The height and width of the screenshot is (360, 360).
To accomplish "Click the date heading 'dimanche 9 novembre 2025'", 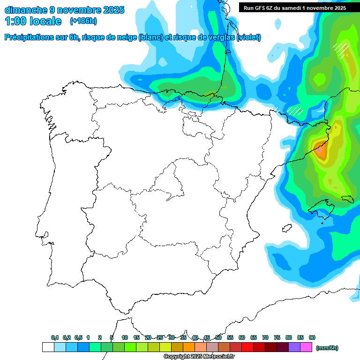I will click(64, 10).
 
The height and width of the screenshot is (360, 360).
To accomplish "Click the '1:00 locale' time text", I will click(33, 21).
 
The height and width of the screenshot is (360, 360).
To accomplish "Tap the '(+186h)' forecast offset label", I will click(83, 21).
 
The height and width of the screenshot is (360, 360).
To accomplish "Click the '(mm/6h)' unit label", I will click(327, 348).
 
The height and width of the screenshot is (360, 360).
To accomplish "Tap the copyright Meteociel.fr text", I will click(199, 357).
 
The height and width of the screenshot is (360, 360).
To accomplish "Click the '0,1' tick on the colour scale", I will click(55, 337).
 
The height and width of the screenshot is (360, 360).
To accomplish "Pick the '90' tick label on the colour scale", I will click(312, 337).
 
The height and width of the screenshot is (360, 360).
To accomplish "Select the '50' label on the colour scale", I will click(218, 337).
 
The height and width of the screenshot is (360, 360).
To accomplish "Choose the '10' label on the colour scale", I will click(125, 337).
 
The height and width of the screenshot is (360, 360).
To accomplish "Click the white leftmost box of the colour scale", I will click(48, 347).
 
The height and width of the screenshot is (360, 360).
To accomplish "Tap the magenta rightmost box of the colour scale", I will click(306, 347).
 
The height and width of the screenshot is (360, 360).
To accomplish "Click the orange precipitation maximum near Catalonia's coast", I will click(320, 151).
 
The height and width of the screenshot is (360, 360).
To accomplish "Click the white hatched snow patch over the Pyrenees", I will click(295, 111).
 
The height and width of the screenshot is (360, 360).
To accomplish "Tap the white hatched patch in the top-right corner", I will click(340, 48).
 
